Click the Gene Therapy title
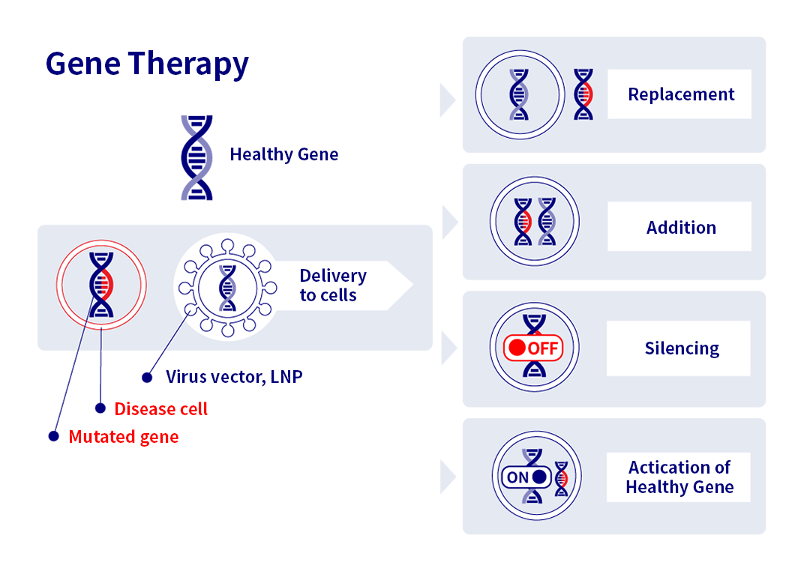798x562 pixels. [x=147, y=64]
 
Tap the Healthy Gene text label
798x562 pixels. [x=284, y=154]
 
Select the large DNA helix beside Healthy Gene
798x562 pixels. [x=197, y=157]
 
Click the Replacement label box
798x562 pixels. [x=679, y=94]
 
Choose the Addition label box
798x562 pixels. [x=679, y=226]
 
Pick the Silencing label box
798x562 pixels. [x=679, y=348]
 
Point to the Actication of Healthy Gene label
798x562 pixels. [x=679, y=477]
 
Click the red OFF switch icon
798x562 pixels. [x=533, y=348]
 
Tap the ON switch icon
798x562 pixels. [x=526, y=477]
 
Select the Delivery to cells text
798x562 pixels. [x=333, y=285]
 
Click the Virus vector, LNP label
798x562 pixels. [x=234, y=377]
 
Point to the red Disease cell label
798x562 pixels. [x=160, y=409]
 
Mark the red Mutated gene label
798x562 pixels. [x=124, y=437]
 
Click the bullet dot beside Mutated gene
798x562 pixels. [x=53, y=436]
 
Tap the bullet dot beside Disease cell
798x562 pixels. [x=100, y=408]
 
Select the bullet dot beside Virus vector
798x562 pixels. [x=147, y=378]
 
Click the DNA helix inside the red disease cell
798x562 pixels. [x=101, y=285]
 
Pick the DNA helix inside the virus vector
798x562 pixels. [x=227, y=288]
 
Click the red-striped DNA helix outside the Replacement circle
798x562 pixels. [x=583, y=94]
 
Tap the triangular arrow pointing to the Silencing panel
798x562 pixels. [x=448, y=348]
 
